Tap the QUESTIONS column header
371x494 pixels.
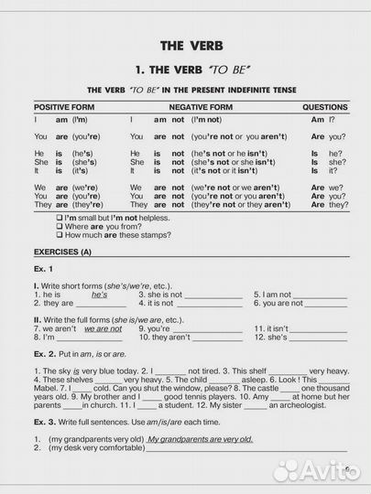324,107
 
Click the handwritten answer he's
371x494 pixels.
100,295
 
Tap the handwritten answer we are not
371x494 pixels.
103,328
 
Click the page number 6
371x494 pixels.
349,472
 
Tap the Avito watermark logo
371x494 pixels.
311,470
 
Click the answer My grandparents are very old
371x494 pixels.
201,439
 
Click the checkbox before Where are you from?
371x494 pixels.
59,226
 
